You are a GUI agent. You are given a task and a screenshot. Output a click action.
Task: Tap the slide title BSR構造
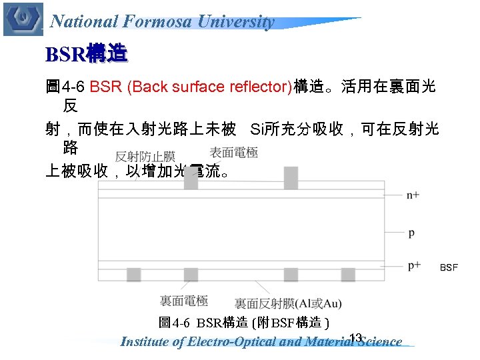[86, 53]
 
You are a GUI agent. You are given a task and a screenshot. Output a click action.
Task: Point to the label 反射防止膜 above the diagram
[145, 157]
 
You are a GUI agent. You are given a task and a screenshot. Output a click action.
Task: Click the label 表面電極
[233, 153]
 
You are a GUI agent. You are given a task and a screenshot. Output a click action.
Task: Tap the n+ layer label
[413, 195]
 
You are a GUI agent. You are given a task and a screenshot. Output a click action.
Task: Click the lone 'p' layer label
[411, 233]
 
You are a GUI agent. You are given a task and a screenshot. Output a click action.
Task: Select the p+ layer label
[414, 265]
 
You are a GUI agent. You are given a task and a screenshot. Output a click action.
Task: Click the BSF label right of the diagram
[449, 267]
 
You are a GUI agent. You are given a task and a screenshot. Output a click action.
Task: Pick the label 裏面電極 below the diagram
[183, 301]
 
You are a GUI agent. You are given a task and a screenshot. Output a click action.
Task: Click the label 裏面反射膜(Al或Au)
[288, 304]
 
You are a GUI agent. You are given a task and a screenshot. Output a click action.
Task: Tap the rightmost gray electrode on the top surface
[291, 177]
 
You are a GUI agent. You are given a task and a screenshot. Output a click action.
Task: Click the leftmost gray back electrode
[133, 275]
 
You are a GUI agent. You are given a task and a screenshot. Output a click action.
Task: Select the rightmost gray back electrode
[348, 275]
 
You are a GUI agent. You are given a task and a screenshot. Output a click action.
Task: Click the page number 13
[355, 336]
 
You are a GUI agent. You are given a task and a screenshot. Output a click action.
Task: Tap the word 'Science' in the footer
[380, 343]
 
